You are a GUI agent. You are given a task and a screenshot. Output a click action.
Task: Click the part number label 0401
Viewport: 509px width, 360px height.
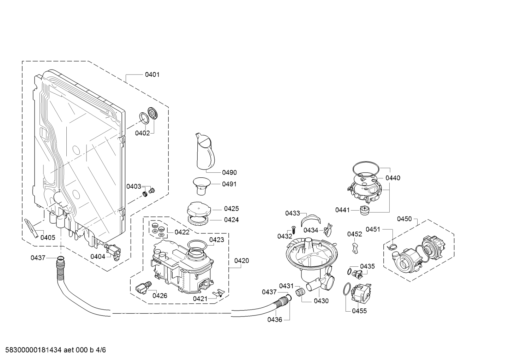click(x=152, y=74)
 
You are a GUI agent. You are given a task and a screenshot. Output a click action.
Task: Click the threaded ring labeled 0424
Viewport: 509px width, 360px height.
click(x=198, y=220)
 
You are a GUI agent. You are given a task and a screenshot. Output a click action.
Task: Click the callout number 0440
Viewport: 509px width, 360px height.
click(x=393, y=178)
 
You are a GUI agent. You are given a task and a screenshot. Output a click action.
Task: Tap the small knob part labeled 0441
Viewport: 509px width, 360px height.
click(x=365, y=210)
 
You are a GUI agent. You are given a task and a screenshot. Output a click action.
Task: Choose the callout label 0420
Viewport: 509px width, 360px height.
click(x=241, y=261)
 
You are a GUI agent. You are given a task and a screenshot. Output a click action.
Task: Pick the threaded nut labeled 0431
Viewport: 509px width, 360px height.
click(x=300, y=291)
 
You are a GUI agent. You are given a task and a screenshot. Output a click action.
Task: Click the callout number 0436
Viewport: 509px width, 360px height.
click(x=275, y=319)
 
